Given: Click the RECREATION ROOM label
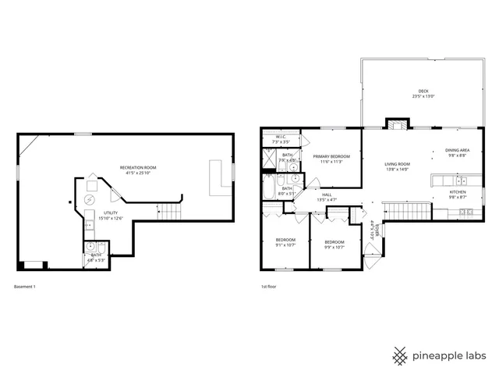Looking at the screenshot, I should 138,168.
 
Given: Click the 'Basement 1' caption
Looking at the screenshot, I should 25,287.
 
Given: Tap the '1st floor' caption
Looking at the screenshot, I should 269,287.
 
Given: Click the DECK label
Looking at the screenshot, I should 423,91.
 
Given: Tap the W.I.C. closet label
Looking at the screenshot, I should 281,137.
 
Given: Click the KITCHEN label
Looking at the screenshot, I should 458,192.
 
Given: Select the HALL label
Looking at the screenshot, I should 327,195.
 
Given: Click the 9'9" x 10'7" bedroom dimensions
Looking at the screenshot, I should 334,247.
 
